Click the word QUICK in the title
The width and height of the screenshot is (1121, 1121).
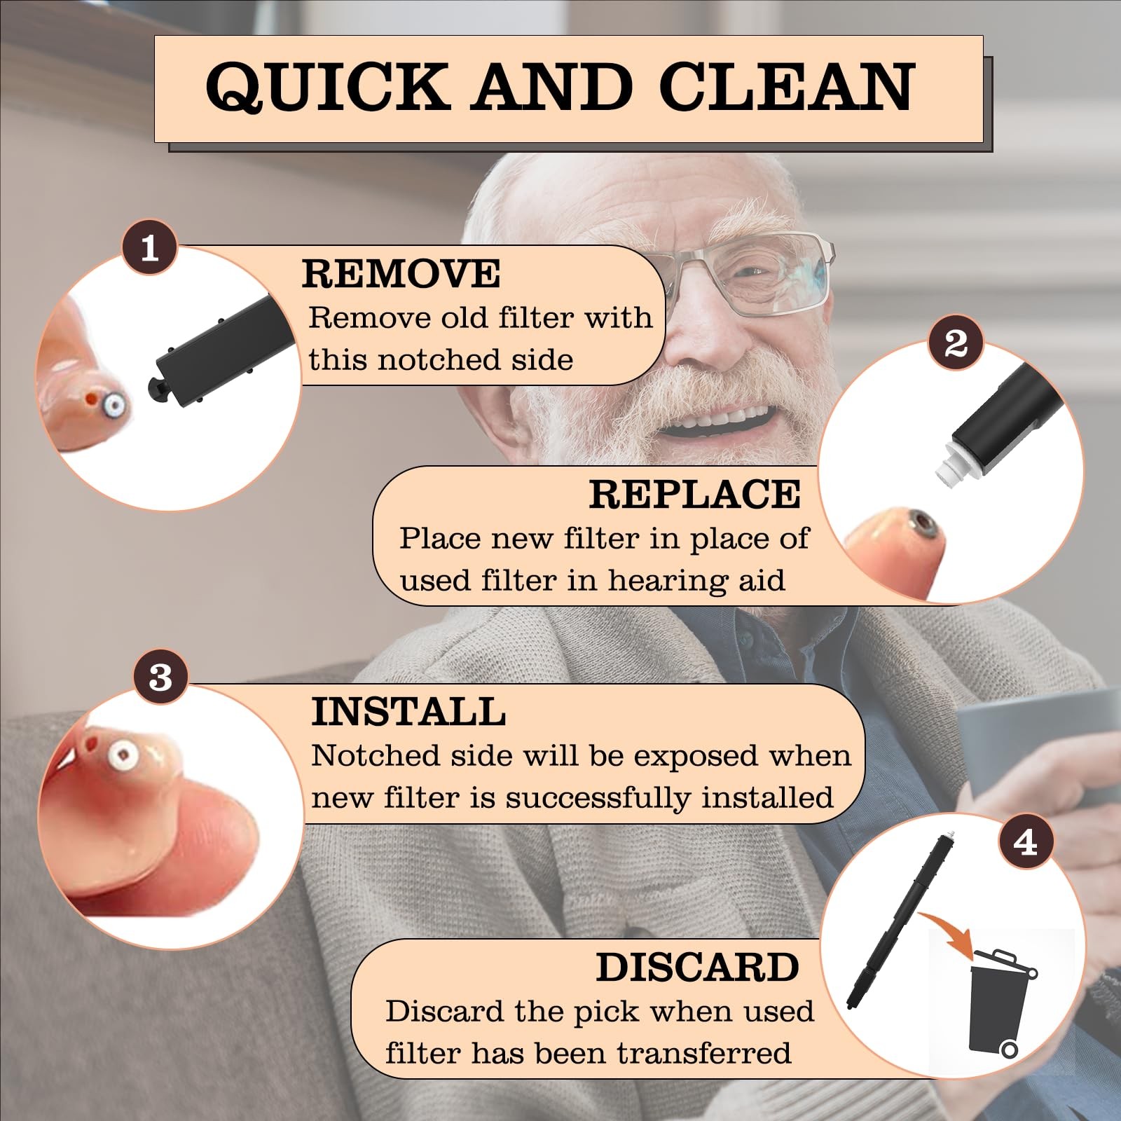click(x=327, y=87)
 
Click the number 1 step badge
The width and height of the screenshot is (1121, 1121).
click(x=149, y=248)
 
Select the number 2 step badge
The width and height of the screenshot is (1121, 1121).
click(x=956, y=343)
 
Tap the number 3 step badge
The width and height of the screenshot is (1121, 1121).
click(x=160, y=677)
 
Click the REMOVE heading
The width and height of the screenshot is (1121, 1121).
click(x=401, y=273)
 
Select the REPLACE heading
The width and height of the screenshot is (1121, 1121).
click(x=694, y=494)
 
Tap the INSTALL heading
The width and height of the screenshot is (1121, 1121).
click(x=408, y=712)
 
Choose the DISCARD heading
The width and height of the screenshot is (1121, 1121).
click(x=698, y=968)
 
